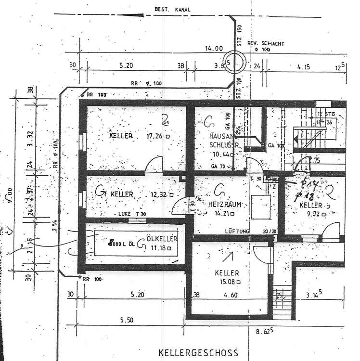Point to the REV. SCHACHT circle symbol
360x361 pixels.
coord(236,62)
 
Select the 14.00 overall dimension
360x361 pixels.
coord(214,49)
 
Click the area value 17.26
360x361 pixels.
coord(154,137)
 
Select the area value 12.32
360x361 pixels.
coord(159,194)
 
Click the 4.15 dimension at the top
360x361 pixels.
coord(304,67)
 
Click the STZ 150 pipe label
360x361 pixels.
coord(238,35)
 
